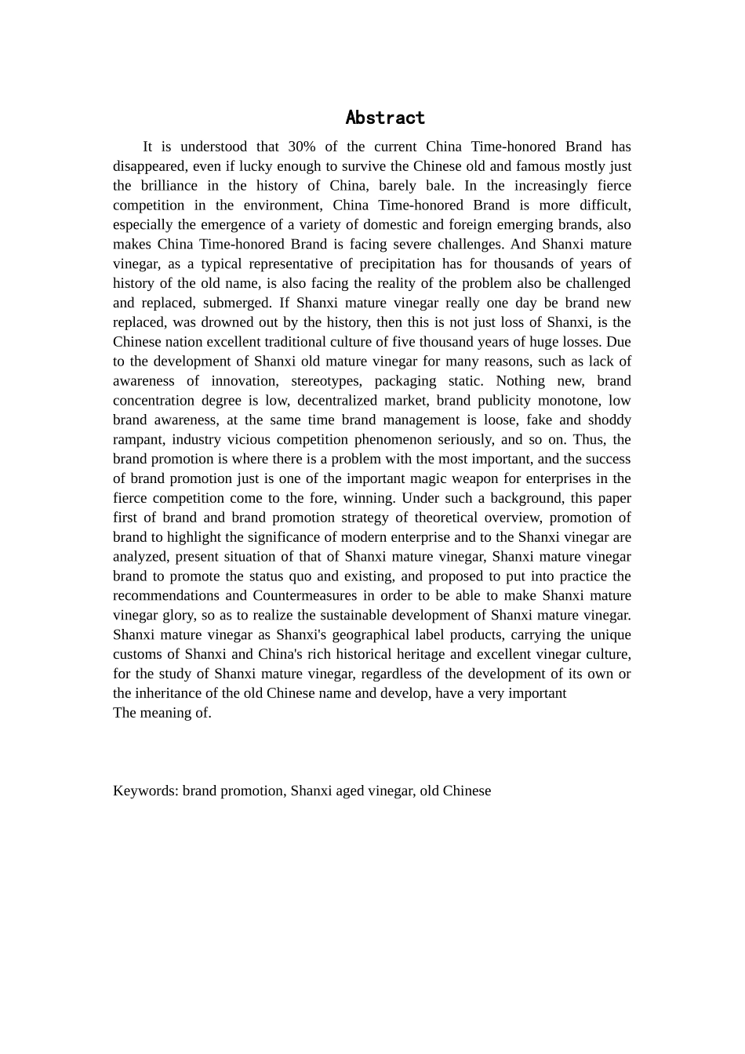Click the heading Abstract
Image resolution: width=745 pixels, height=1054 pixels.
pyautogui.click(x=385, y=118)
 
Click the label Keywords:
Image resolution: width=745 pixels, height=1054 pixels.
pyautogui.click(x=146, y=790)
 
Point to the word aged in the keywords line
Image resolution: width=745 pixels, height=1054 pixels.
pyautogui.click(x=345, y=790)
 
